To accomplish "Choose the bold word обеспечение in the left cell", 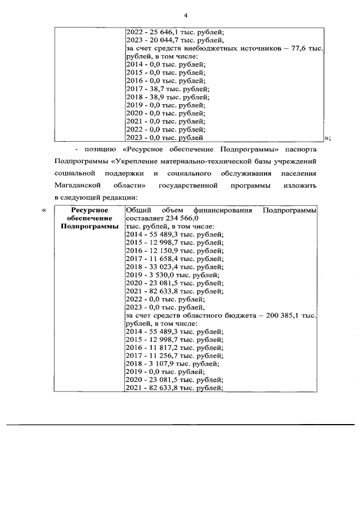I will pyautogui.click(x=89, y=218).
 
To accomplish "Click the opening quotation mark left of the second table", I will pyautogui.click(x=43, y=210).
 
